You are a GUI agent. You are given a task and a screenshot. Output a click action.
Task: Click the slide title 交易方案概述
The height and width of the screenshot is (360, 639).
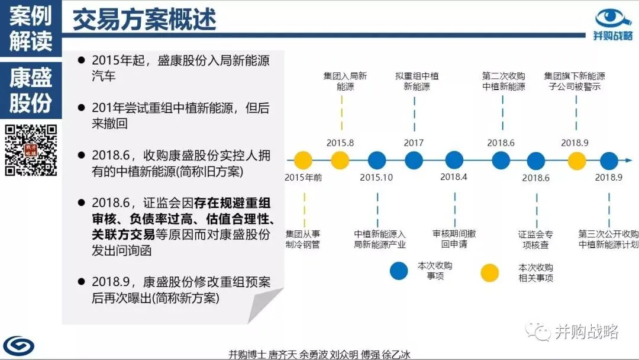coord(144,20)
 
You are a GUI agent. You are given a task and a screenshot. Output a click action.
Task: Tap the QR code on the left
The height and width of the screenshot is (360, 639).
coord(31,150)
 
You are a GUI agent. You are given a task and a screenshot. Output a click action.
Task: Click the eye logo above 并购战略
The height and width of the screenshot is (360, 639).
coord(614,18)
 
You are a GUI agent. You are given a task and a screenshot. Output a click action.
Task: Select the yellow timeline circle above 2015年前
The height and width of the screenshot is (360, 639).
coord(303,160)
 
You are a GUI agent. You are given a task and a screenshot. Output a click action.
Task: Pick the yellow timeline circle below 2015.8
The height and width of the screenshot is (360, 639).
coord(340,160)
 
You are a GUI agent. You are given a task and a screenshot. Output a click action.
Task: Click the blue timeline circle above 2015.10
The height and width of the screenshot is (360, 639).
coord(377,160)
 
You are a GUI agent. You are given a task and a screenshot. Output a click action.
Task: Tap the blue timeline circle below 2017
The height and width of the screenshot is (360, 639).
coord(414,160)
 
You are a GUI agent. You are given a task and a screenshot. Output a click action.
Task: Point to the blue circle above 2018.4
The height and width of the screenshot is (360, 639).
coord(454,160)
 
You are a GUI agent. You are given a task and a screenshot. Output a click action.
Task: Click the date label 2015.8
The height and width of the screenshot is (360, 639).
coord(340,143)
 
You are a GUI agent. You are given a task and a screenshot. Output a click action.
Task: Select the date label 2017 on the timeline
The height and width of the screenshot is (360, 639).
coord(414,143)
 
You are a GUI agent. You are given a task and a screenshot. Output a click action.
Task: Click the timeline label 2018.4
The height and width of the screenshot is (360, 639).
coord(454,177)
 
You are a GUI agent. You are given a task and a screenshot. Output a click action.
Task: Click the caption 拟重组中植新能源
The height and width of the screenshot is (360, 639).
coord(417,81)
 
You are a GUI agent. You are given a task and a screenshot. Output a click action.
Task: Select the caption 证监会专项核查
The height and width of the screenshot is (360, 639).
coord(537,239)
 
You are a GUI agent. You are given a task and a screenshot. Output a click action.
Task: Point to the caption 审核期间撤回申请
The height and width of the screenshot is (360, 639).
coord(454,239)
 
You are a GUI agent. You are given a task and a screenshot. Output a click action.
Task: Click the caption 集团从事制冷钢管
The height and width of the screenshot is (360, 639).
coord(302,239)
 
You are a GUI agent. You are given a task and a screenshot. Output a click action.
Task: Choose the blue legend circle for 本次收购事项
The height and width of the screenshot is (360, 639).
coord(399,271)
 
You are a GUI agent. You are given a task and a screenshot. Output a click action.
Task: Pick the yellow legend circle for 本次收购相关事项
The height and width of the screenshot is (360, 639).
coord(490,271)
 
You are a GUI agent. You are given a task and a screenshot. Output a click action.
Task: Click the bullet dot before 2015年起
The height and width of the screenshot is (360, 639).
coord(79,60)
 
